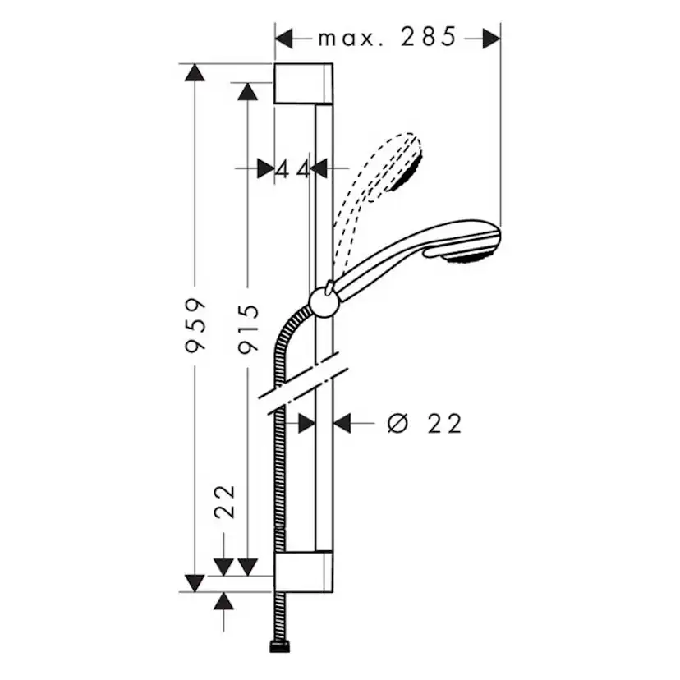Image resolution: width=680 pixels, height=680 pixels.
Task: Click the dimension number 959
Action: coord(195,324)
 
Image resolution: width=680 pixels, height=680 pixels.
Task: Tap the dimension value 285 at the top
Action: coord(428,37)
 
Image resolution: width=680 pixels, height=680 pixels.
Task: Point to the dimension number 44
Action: coord(292,169)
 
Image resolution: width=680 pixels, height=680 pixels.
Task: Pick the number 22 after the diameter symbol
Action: coord(445,423)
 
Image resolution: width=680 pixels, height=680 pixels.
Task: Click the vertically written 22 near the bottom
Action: coord(225,501)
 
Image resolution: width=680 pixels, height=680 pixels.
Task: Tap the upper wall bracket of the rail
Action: coord(303,83)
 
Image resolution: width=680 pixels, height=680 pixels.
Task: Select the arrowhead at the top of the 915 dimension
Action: coord(247,91)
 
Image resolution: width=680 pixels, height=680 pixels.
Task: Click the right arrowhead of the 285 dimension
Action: coord(490,38)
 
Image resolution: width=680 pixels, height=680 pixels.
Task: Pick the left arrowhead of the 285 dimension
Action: coord(284,38)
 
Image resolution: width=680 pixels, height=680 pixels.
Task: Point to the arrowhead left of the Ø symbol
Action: coord(342,423)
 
